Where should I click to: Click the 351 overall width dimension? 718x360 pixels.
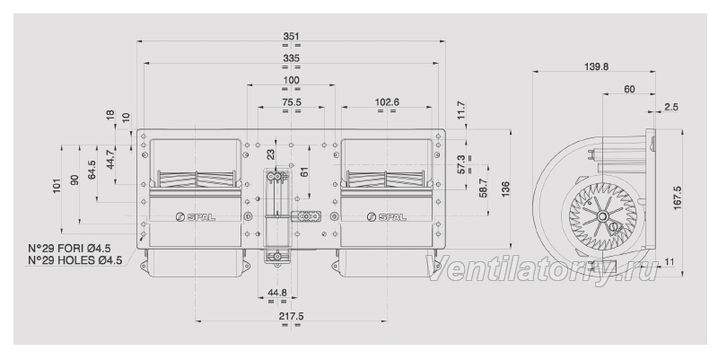click(291, 36)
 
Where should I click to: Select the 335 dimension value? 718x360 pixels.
click(291, 58)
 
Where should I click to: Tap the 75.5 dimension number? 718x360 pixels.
click(291, 102)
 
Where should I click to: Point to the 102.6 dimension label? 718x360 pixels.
click(387, 102)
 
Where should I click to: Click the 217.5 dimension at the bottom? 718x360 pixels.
click(291, 316)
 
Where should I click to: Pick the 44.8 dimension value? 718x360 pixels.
click(277, 293)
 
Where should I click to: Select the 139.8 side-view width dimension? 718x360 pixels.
click(596, 66)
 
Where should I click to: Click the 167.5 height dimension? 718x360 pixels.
click(678, 198)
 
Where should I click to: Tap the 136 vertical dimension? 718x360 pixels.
click(505, 189)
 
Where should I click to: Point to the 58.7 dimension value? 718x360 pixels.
click(483, 189)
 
